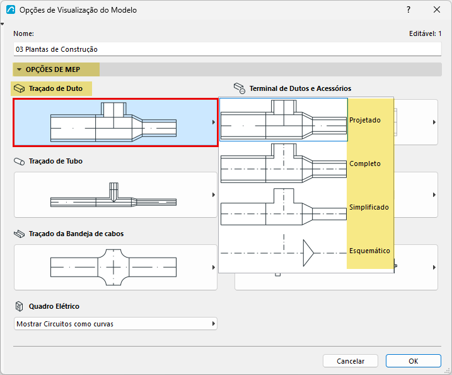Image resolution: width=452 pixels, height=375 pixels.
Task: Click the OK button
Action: click(414, 361)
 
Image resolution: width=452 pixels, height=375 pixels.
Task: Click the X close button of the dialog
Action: click(437, 10)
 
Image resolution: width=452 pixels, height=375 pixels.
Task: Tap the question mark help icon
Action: click(409, 10)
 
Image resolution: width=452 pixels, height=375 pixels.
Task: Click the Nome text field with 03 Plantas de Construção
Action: click(227, 49)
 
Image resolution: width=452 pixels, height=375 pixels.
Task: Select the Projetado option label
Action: click(365, 120)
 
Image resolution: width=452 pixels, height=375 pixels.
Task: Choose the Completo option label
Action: click(365, 164)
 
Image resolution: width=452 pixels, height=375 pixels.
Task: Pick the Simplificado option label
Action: click(369, 207)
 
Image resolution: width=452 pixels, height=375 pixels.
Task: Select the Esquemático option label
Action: click(369, 251)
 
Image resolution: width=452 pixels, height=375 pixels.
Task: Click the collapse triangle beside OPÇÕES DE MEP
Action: click(20, 69)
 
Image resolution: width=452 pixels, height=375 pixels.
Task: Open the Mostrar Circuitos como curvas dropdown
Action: click(115, 324)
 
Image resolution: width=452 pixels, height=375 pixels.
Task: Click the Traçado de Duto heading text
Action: click(55, 88)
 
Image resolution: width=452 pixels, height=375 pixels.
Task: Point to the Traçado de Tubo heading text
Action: click(55, 161)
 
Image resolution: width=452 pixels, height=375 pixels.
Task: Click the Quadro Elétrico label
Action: click(54, 306)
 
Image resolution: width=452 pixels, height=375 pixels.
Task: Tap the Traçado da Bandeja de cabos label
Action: click(76, 234)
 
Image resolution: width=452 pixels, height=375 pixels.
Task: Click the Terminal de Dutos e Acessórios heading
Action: click(300, 88)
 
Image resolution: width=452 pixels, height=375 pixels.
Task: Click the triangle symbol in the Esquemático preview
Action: click(308, 253)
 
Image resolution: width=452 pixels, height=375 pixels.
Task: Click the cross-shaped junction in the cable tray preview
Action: click(113, 267)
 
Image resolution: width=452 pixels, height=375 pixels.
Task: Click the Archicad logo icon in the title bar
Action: click(11, 10)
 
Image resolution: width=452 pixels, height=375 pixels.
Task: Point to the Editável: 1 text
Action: click(425, 33)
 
